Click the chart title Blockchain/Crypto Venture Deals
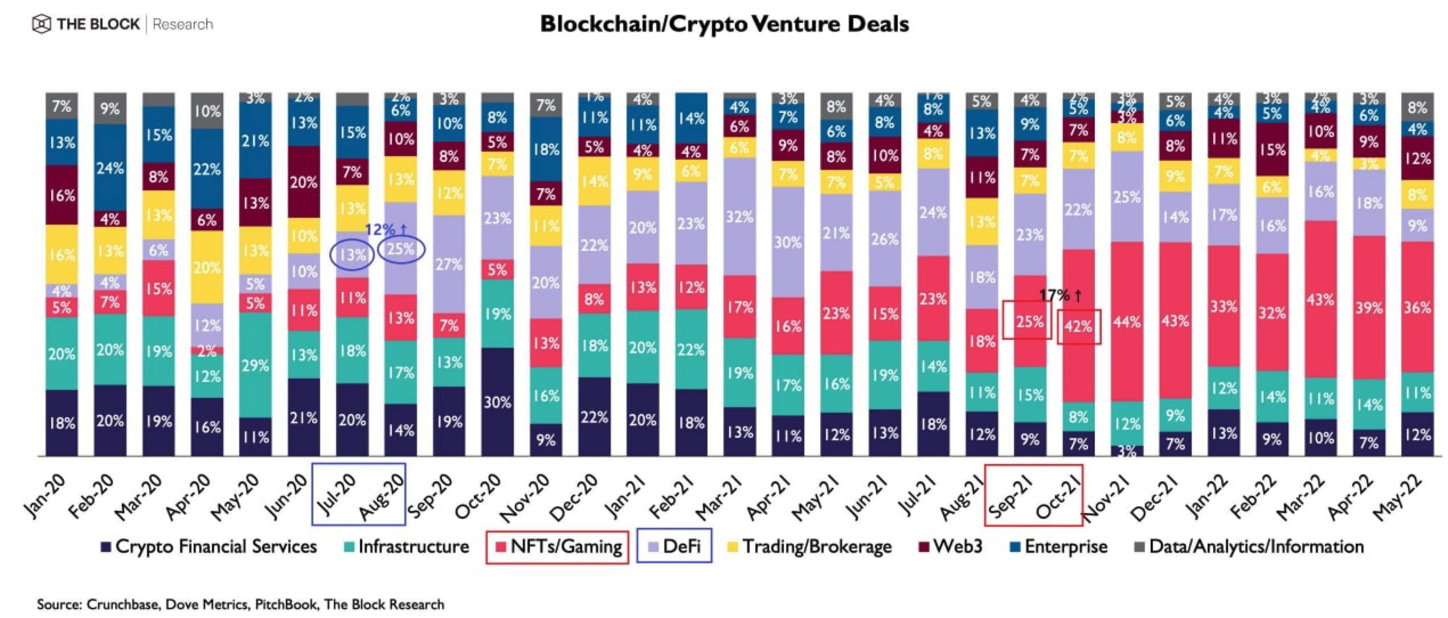[724, 24]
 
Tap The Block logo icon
[42, 25]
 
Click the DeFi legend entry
[675, 547]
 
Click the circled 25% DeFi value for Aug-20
[401, 250]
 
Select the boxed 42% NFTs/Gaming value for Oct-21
[1078, 327]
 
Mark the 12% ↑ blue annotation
[386, 230]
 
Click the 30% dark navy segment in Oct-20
[497, 402]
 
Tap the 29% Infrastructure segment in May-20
[255, 365]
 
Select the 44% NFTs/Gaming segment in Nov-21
[1127, 322]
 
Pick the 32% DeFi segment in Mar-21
[739, 217]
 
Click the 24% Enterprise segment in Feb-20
[110, 168]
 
